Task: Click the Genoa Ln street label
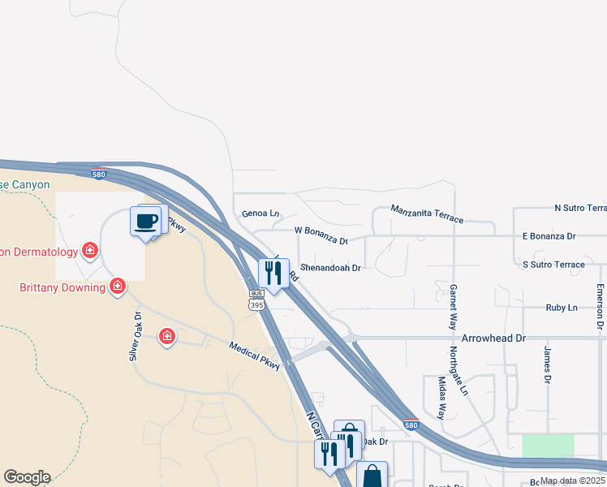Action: pyautogui.click(x=260, y=213)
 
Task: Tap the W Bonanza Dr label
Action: pyautogui.click(x=321, y=235)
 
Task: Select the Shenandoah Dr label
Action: pyautogui.click(x=330, y=266)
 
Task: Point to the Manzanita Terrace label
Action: pyautogui.click(x=427, y=214)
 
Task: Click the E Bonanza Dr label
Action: pyautogui.click(x=549, y=236)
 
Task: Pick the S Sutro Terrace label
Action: pyautogui.click(x=553, y=265)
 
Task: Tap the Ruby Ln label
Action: pyautogui.click(x=562, y=308)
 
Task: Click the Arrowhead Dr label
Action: pyautogui.click(x=493, y=337)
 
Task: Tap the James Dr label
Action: pyautogui.click(x=548, y=364)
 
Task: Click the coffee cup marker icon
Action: pyautogui.click(x=146, y=222)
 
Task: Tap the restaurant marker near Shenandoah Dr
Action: pyautogui.click(x=273, y=273)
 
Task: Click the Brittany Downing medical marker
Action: pyautogui.click(x=118, y=286)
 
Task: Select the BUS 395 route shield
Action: pyautogui.click(x=256, y=300)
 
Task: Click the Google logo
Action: pyautogui.click(x=27, y=477)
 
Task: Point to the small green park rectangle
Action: pyautogui.click(x=548, y=446)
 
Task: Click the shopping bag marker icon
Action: pyautogui.click(x=372, y=476)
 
